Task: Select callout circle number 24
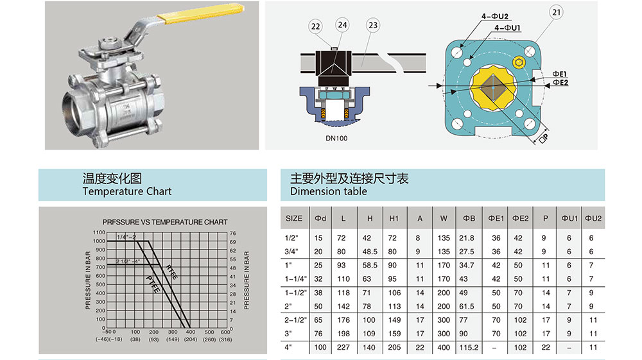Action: pyautogui.click(x=342, y=25)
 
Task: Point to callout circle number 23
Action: pyautogui.click(x=372, y=26)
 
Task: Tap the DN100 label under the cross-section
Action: pyautogui.click(x=337, y=137)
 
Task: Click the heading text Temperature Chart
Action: pyautogui.click(x=127, y=191)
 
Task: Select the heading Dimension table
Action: pyautogui.click(x=329, y=191)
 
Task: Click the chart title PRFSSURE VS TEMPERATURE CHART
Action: pyautogui.click(x=165, y=222)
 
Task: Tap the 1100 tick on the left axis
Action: pyautogui.click(x=98, y=232)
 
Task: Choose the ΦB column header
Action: pyautogui.click(x=469, y=218)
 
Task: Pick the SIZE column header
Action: pyautogui.click(x=293, y=218)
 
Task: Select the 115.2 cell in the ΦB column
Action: pyautogui.click(x=469, y=347)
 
